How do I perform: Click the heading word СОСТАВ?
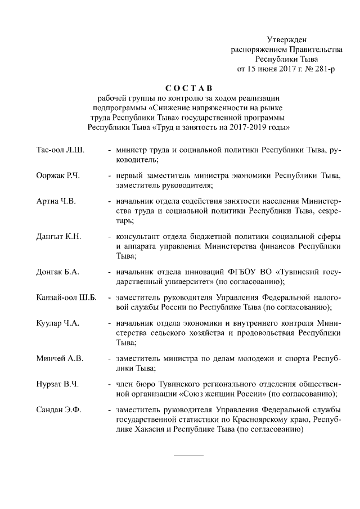pyautogui.click(x=189, y=88)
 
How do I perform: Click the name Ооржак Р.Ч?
pyautogui.click(x=58, y=176)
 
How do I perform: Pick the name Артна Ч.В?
pyautogui.click(x=56, y=201)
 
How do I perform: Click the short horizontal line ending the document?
pyautogui.click(x=188, y=454)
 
